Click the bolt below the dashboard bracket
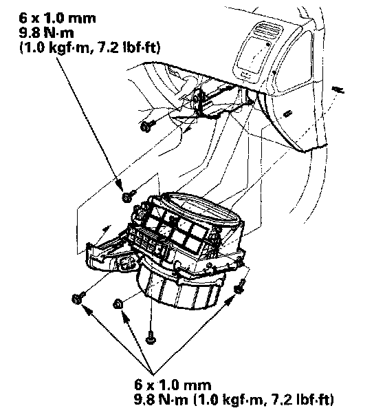click(x=147, y=126)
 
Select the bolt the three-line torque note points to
click(x=129, y=196)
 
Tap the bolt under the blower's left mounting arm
click(x=78, y=298)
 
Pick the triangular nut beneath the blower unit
click(x=118, y=303)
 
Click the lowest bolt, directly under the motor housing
click(x=151, y=337)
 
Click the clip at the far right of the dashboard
click(x=338, y=89)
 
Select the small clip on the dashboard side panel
click(x=287, y=114)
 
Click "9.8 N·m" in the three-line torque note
click(x=47, y=33)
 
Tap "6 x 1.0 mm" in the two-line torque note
click(x=173, y=385)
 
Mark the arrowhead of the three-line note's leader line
click(x=120, y=184)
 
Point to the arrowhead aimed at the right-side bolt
click(x=229, y=301)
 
